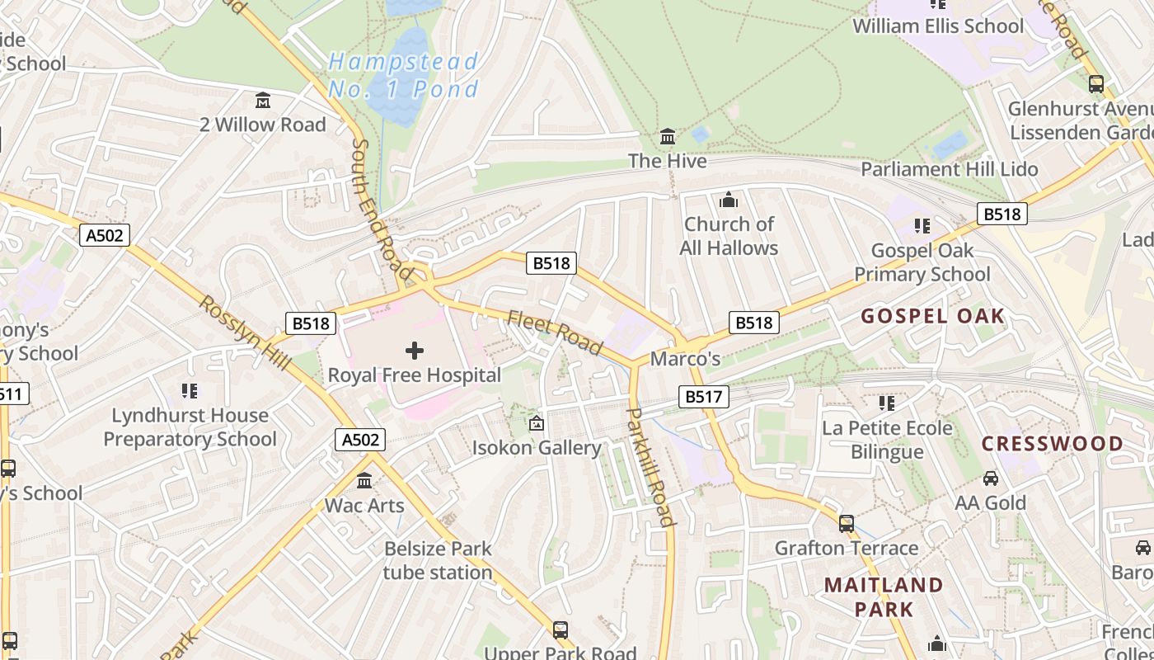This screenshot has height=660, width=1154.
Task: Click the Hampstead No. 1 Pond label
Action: (x=403, y=75)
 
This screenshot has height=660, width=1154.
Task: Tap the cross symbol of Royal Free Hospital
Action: (x=415, y=351)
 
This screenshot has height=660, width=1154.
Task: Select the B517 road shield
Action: (x=703, y=397)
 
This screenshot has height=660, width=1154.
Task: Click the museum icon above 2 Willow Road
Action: (x=263, y=101)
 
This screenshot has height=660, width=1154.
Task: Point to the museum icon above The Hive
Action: (x=668, y=136)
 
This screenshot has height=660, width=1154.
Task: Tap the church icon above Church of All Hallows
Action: (x=728, y=200)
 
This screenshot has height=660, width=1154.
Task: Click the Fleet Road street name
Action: (x=555, y=332)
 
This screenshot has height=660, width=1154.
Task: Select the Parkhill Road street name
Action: (x=651, y=466)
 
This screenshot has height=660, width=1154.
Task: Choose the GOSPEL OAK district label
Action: (x=933, y=316)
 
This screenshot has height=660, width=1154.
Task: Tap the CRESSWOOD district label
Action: (x=1052, y=444)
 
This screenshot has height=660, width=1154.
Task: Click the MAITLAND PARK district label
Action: (x=884, y=597)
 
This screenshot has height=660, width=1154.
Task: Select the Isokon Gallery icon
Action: (x=537, y=424)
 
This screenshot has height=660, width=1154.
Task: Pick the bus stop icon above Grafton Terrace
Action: (x=846, y=524)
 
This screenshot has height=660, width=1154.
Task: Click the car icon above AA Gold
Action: (x=991, y=478)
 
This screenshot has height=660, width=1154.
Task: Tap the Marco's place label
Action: (x=685, y=359)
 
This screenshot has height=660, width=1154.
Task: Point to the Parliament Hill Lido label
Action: (x=949, y=169)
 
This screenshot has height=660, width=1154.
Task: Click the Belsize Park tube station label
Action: (x=438, y=560)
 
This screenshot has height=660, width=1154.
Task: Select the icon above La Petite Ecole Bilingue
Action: (x=887, y=403)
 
